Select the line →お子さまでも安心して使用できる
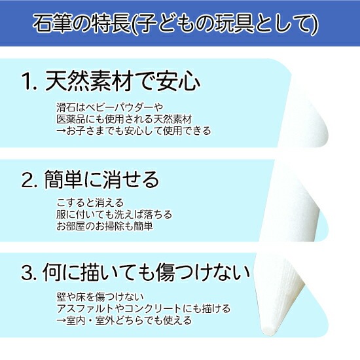point(132,130)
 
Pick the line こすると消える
point(90,203)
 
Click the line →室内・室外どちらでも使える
point(124,320)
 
